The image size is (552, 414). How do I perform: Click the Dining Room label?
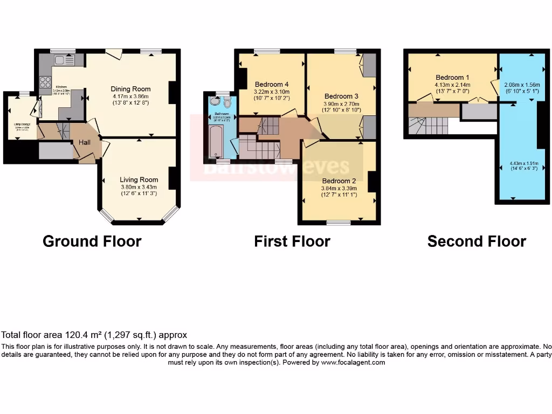point(130,89)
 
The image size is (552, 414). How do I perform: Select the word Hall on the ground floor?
point(85,142)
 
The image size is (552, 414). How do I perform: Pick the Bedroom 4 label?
point(272,85)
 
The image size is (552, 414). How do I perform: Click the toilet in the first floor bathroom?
point(227,102)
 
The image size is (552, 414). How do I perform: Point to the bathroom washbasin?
point(216,101)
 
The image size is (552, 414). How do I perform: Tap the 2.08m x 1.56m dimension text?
point(521,85)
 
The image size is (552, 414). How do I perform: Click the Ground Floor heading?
point(92,241)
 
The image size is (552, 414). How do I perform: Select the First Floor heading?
point(292,241)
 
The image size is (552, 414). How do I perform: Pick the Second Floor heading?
point(477,241)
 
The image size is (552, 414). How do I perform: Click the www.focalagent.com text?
point(353,363)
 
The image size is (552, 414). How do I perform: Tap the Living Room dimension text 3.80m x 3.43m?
point(139,188)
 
